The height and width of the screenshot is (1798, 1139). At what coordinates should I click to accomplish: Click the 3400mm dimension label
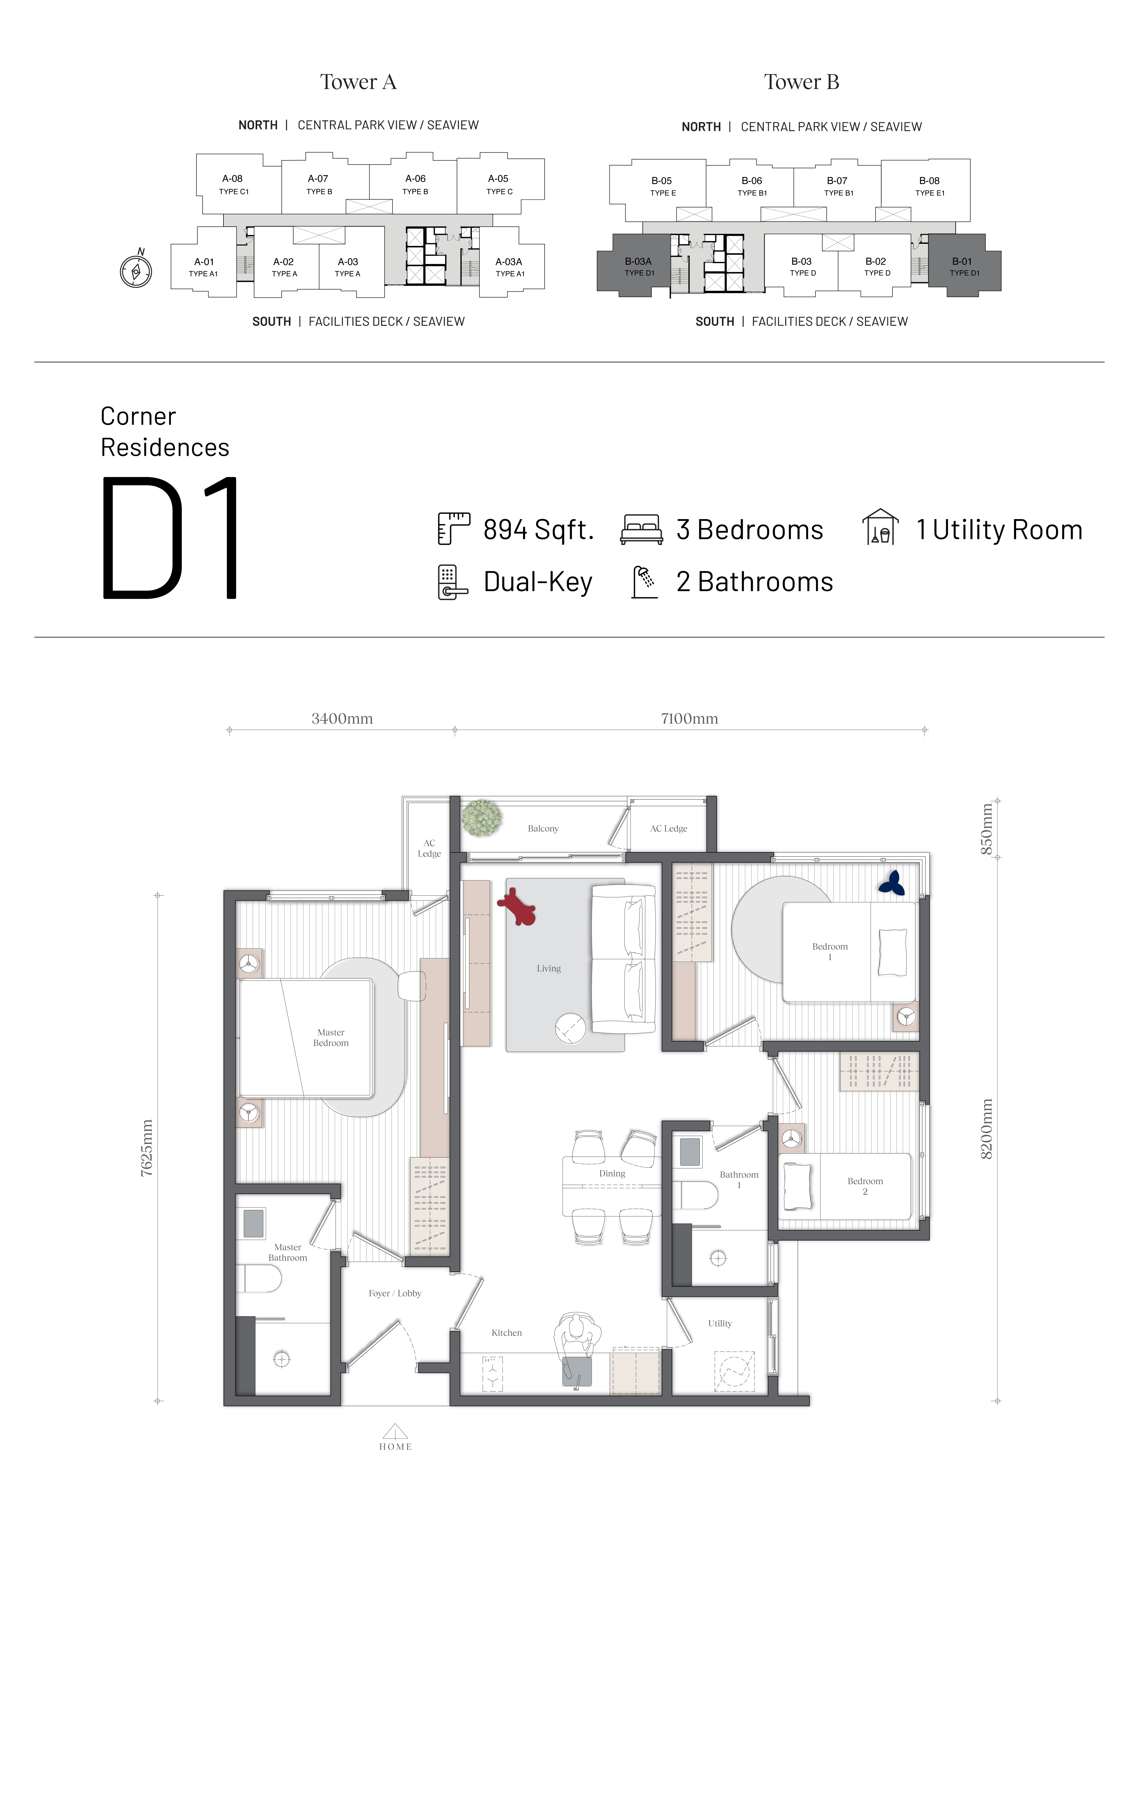pos(342,718)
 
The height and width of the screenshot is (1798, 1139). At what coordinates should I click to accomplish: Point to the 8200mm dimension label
pos(986,1129)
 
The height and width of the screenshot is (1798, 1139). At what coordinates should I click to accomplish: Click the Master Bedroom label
pos(331,1038)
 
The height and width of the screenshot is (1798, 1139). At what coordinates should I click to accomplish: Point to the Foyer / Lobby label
pos(395,1293)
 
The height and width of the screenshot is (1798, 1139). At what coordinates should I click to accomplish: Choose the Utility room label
pos(720,1323)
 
